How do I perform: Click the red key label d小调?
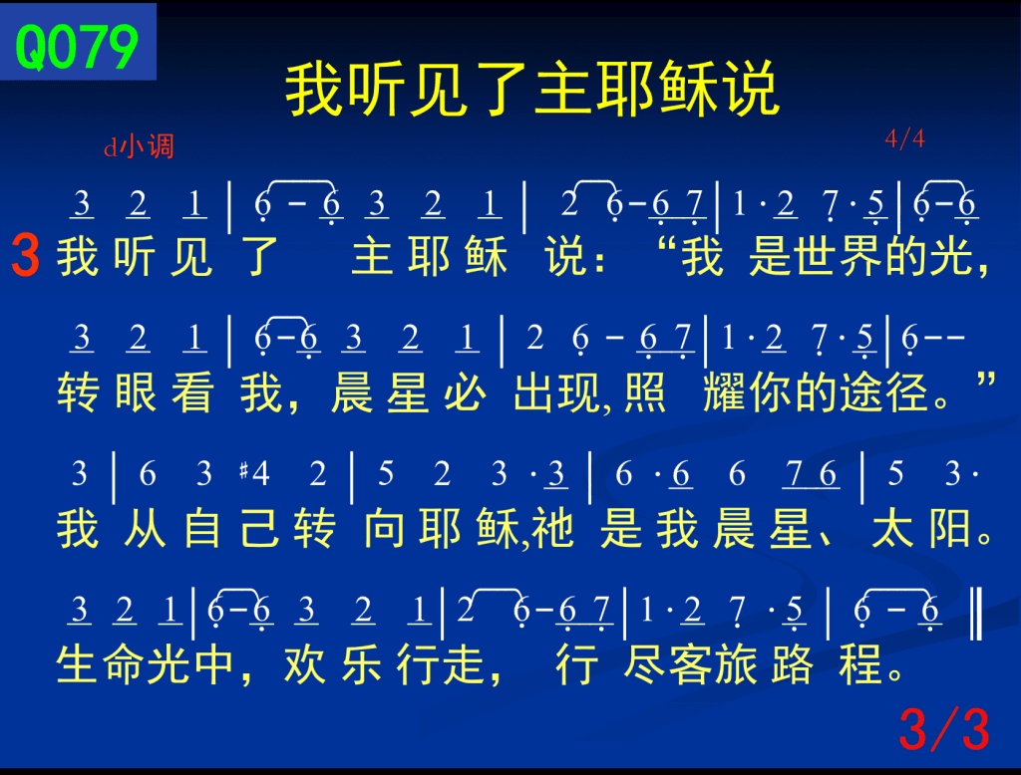[139, 146]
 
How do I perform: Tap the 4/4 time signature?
[904, 137]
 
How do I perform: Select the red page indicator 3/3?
[944, 729]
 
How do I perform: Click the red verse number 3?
[25, 256]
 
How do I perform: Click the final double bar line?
[976, 613]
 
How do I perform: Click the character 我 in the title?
[315, 89]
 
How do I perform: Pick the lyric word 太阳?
[922, 528]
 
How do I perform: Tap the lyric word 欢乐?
[332, 664]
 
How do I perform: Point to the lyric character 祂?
[552, 528]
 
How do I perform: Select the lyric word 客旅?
[713, 664]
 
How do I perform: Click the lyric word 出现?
[557, 392]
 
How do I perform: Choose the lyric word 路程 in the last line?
[827, 664]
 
